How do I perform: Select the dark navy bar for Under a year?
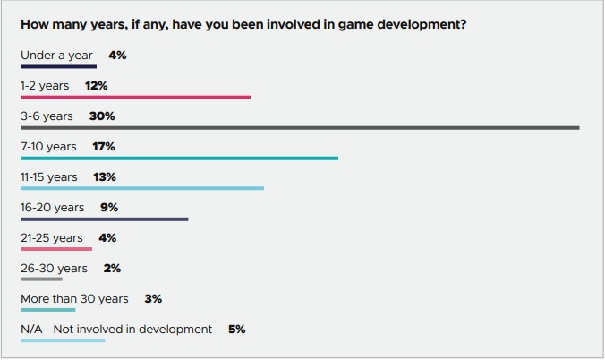(x=59, y=67)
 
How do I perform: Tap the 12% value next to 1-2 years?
(x=97, y=85)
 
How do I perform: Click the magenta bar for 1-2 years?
(x=136, y=98)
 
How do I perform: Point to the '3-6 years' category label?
(x=47, y=116)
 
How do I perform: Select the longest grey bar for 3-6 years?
(x=300, y=128)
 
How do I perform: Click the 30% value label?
(x=102, y=116)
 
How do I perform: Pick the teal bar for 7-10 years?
(x=179, y=158)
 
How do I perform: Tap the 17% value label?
(x=104, y=146)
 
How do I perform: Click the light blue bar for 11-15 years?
(x=142, y=188)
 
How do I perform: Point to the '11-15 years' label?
(x=49, y=177)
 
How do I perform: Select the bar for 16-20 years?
(x=105, y=219)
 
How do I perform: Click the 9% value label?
(x=109, y=208)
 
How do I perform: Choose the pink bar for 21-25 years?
(x=56, y=249)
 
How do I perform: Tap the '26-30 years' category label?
(x=54, y=268)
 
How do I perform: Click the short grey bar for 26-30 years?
(x=41, y=279)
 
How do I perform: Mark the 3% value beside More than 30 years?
(x=153, y=298)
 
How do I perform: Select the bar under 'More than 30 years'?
(x=47, y=310)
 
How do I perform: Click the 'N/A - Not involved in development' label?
(x=116, y=329)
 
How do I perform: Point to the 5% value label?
(x=237, y=329)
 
